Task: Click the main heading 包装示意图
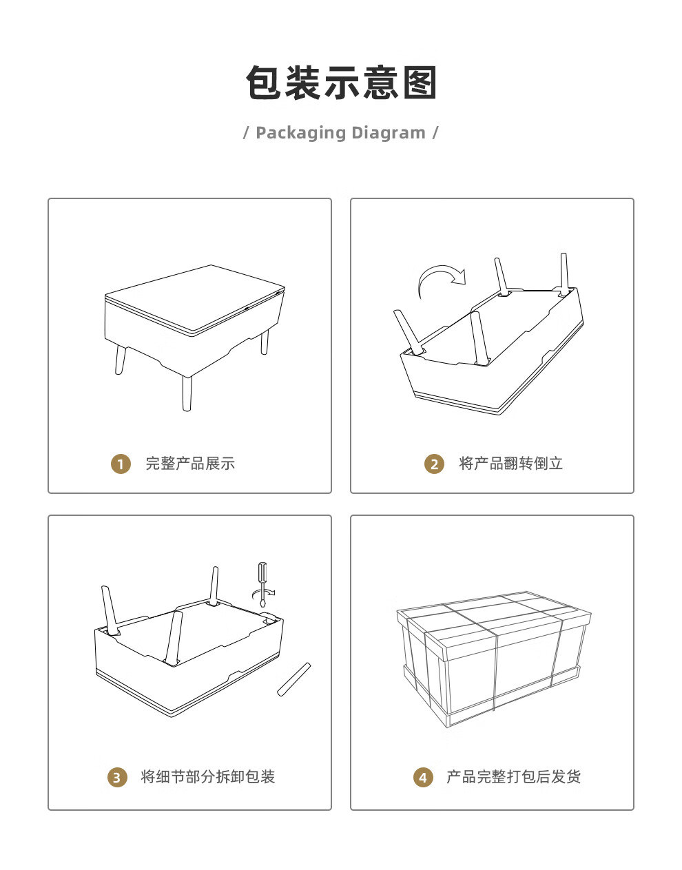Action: click(341, 83)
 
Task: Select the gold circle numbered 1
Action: click(121, 464)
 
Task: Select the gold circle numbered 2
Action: click(434, 464)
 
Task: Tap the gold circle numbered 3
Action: click(117, 778)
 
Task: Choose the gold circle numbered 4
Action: click(423, 778)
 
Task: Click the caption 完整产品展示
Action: click(190, 464)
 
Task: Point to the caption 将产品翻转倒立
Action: click(510, 464)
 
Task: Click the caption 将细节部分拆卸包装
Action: click(208, 777)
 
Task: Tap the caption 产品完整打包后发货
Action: click(513, 777)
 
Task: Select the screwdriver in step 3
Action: click(262, 585)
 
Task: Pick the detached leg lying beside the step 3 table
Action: click(294, 679)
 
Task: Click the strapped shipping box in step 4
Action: click(494, 659)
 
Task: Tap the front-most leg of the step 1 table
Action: click(187, 393)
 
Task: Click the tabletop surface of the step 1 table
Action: click(195, 298)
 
